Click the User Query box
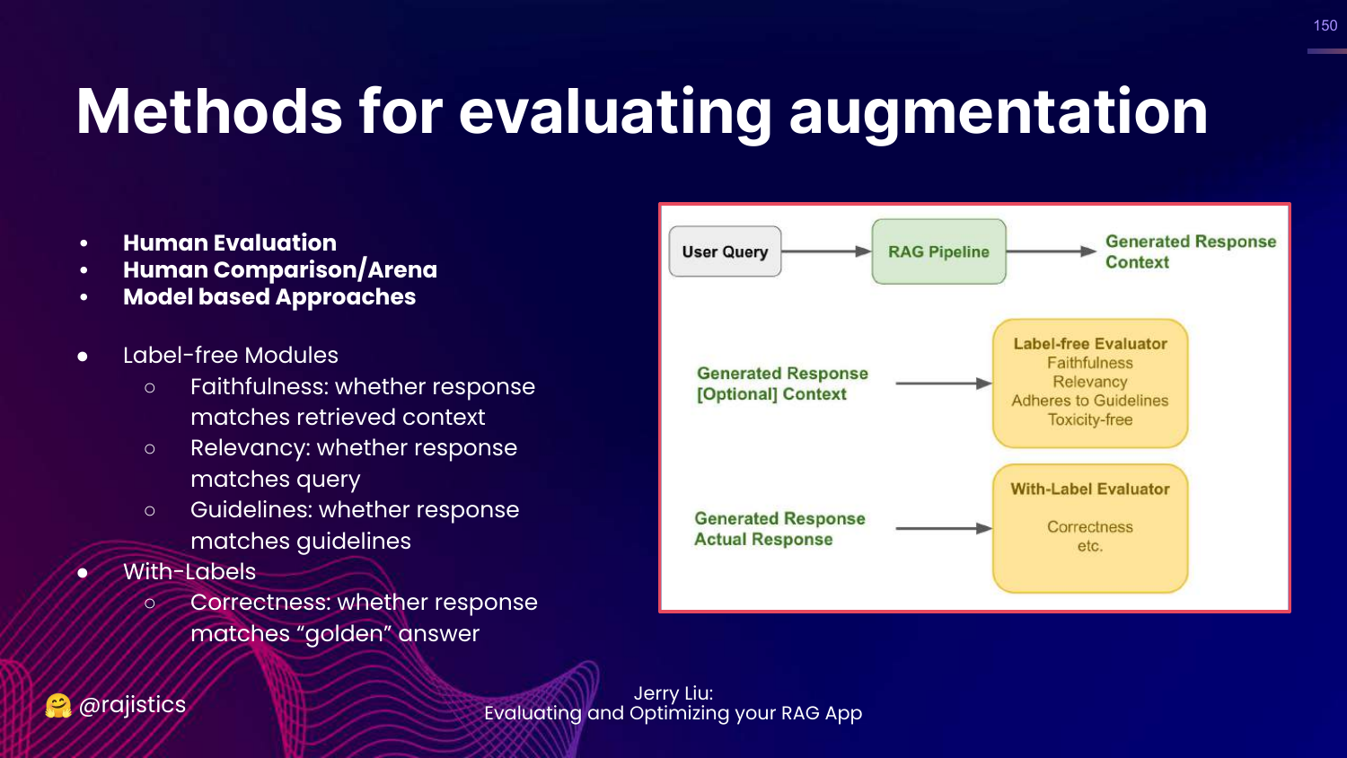725,251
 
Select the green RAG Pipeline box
938,251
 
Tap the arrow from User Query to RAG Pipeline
826,251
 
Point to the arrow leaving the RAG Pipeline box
1051,251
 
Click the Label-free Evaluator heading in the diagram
1090,343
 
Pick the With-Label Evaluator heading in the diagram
1090,489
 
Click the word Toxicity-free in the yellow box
1090,419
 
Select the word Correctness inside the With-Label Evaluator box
1090,526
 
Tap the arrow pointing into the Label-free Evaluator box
943,383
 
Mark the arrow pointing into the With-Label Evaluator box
943,528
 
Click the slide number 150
1325,26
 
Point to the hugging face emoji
58,706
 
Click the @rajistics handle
132,705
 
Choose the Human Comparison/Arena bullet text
280,269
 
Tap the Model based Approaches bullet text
269,297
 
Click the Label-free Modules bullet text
231,356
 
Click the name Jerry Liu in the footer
673,693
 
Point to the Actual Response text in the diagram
763,539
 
